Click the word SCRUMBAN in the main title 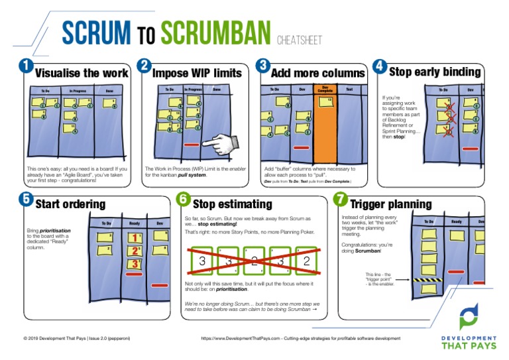(x=216, y=32)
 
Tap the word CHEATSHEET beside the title (x=298, y=40)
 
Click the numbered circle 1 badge (x=26, y=66)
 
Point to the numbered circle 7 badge (x=340, y=198)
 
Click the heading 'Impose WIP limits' (x=197, y=73)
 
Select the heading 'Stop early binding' (x=434, y=71)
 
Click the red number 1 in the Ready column (x=135, y=237)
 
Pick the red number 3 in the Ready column (x=135, y=264)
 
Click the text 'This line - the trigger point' (x=380, y=278)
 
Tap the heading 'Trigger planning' (x=390, y=204)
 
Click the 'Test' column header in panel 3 (x=349, y=89)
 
